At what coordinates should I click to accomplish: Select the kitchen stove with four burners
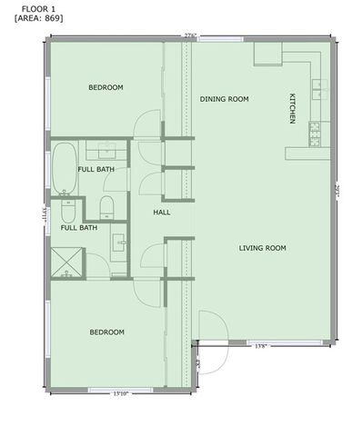(315, 134)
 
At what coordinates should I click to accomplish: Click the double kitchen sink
(318, 88)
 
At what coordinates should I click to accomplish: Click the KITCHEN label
(292, 108)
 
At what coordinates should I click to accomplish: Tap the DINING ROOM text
(224, 99)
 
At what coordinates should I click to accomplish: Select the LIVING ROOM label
(263, 248)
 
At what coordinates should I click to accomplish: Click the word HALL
(162, 212)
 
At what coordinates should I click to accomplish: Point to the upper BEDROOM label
(106, 87)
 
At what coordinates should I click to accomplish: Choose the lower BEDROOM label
(106, 332)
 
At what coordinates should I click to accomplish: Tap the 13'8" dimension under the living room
(260, 345)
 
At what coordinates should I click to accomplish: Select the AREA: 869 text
(39, 17)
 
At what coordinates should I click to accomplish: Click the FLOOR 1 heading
(38, 7)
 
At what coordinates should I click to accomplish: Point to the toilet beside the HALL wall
(106, 207)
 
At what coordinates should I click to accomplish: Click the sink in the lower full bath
(118, 243)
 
